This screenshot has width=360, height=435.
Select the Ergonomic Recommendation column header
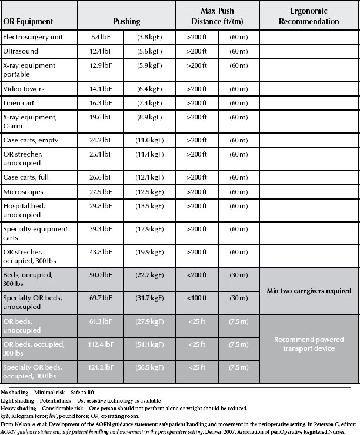pos(306,16)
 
